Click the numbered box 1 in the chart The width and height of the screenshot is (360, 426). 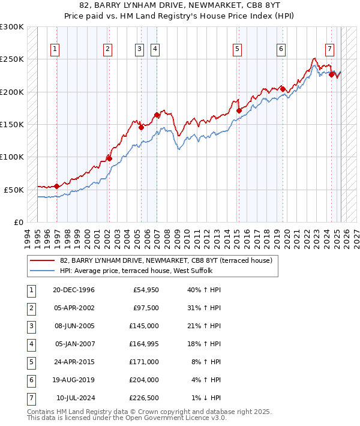(55, 49)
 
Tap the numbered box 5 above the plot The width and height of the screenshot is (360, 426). (238, 49)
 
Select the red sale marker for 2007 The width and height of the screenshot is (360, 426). (157, 115)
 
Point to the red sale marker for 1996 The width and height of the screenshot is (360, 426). (57, 186)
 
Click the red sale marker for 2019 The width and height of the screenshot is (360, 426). (283, 89)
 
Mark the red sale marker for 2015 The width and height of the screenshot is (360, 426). (239, 111)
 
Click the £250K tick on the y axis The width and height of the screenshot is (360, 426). (12, 59)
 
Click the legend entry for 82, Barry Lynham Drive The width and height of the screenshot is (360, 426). (166, 260)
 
